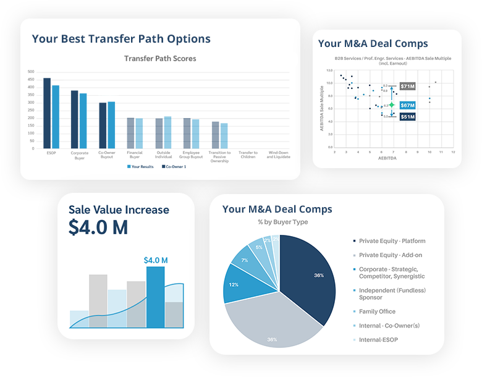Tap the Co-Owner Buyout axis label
(107, 155)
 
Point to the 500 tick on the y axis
(31, 72)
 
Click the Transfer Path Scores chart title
(160, 59)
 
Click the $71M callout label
(407, 86)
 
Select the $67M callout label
(407, 105)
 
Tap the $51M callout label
(407, 116)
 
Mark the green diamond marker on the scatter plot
(391, 105)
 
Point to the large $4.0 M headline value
(98, 227)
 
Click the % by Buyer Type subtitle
(282, 222)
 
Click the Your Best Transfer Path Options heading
(121, 39)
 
